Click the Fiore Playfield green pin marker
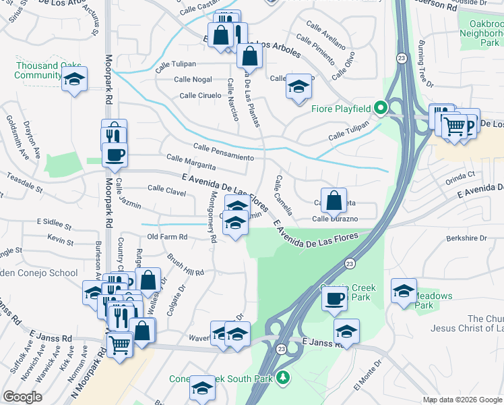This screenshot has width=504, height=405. pos(380,108)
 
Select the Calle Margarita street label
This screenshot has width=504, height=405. pos(191,163)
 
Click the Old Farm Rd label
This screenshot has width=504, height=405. pos(167,237)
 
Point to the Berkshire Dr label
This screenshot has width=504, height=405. pos(466,238)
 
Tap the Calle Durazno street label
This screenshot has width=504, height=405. pos(335,219)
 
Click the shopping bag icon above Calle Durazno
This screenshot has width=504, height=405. pos(334,200)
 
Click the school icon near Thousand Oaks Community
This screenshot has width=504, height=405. pos(75,79)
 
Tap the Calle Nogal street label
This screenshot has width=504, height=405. pos(193,80)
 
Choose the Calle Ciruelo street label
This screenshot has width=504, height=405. pos(200,95)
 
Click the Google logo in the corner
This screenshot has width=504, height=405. pos(22,397)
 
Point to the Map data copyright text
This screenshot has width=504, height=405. pos(463,400)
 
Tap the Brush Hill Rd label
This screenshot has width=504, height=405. pos(185,267)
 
